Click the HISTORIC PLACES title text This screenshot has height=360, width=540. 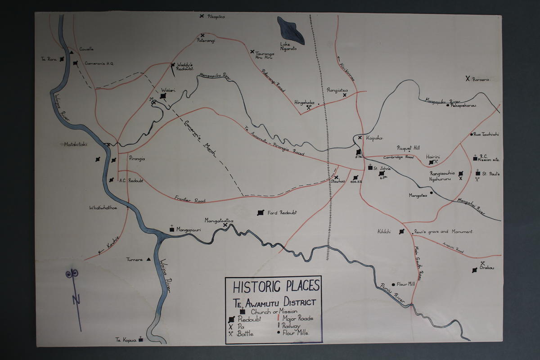pos(276,286)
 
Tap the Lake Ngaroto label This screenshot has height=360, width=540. pos(289,46)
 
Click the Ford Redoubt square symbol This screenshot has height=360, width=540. pos(260,213)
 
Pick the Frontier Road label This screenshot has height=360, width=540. pos(190,200)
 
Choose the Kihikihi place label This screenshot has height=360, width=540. pos(384,232)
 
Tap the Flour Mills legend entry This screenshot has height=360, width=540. pos(296,333)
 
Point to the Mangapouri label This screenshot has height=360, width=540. pos(189,230)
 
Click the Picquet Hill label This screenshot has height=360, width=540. pos(409,148)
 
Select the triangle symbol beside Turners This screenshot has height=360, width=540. pos(148,260)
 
